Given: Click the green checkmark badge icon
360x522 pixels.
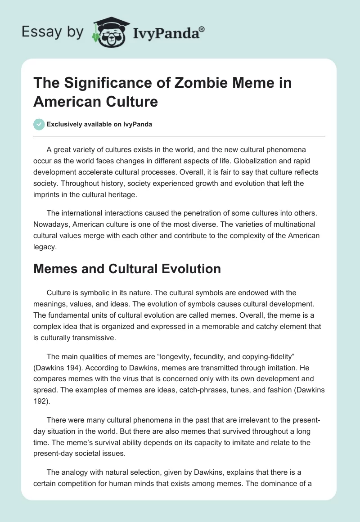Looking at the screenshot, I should click(39, 124).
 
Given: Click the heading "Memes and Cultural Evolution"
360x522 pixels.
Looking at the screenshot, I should click(127, 269).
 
